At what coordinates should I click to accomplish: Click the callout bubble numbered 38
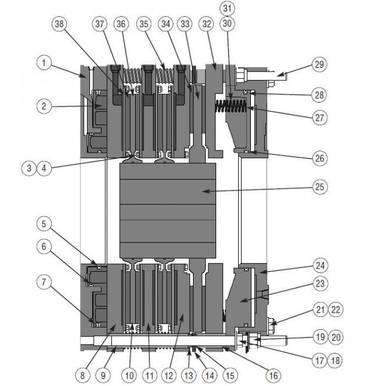60,24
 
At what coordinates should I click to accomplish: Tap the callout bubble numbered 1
44,62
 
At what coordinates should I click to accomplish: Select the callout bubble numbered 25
319,186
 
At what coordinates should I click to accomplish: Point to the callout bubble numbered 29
319,65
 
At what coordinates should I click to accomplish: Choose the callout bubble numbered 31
227,8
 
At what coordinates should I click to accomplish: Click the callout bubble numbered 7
44,282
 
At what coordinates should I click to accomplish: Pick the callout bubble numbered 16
274,376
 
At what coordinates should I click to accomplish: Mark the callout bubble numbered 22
335,309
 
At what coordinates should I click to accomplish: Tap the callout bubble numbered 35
144,24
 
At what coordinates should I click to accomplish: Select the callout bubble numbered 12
169,376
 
